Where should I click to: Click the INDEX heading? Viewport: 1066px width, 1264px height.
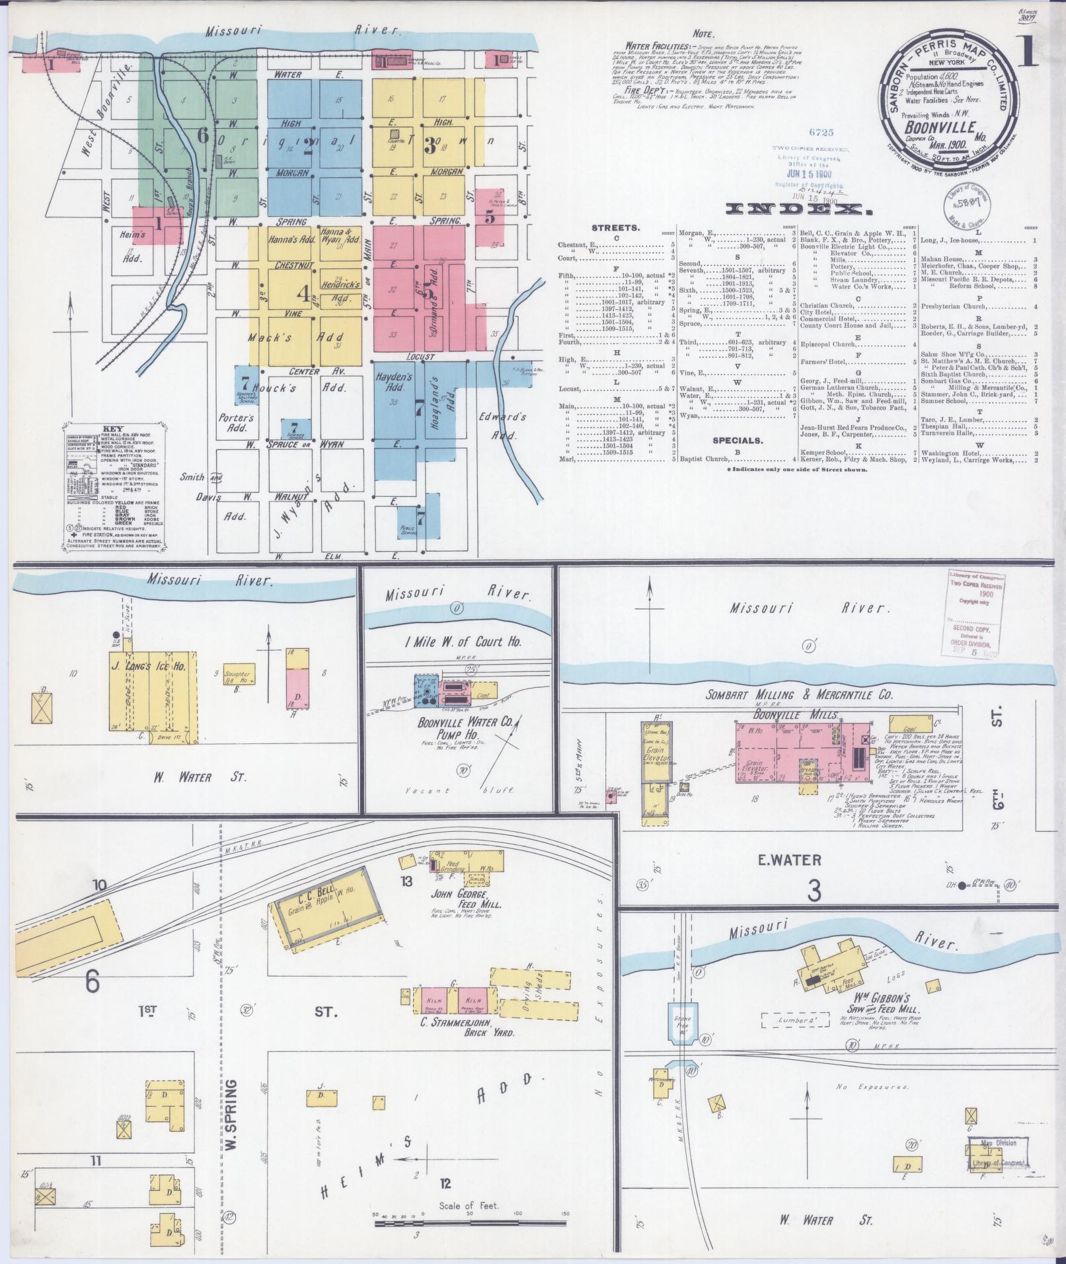point(797,209)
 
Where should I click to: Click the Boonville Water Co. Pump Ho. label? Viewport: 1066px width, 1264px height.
point(465,729)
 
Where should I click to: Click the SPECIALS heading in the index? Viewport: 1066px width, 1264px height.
point(737,439)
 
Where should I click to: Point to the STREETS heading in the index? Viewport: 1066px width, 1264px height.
point(617,228)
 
